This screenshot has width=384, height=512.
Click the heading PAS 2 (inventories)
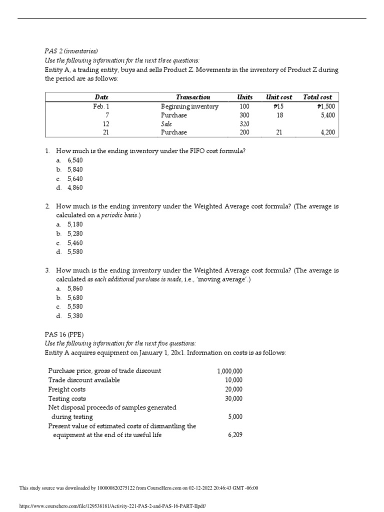[71, 50]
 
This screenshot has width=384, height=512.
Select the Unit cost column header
[279, 97]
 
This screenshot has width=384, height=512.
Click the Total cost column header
[317, 97]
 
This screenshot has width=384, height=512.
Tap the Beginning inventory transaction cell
[189, 106]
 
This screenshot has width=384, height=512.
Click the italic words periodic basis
[120, 215]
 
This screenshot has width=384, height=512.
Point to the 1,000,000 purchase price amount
[229, 371]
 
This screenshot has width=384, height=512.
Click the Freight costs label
[66, 389]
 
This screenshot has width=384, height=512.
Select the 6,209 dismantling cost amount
[234, 435]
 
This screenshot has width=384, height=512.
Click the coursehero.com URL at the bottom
[112, 506]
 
